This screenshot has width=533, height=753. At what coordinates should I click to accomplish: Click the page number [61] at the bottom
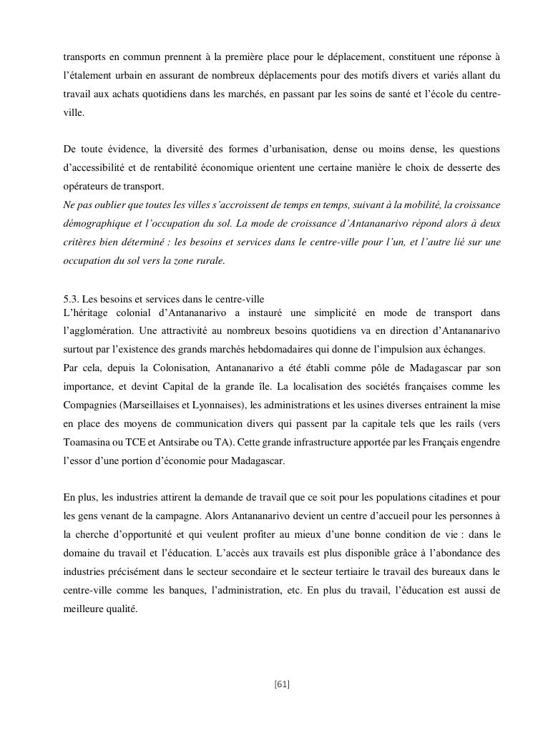tap(281, 684)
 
